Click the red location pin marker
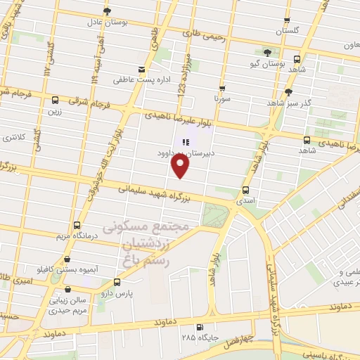181,167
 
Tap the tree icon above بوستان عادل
107,11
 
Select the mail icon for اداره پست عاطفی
143,69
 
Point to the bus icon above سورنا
222,89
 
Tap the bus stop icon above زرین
54,100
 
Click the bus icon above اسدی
245,189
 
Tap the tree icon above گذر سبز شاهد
288,92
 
